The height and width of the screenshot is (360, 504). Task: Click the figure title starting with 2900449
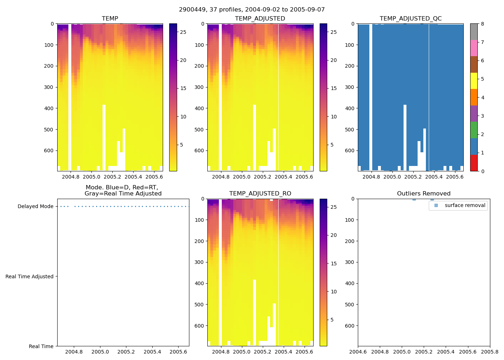252,9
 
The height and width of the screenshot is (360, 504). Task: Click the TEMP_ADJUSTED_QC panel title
410,18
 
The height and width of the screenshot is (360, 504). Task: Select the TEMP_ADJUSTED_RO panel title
260,193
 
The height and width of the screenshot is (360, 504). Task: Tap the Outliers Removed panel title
423,193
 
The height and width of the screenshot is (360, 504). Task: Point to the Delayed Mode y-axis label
35,206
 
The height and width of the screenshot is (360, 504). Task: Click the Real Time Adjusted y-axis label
29,276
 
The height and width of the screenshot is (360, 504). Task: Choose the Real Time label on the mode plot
41,346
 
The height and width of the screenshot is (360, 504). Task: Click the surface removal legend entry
465,205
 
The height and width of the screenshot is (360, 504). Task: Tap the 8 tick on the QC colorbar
482,24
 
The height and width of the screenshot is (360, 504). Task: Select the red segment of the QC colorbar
474,163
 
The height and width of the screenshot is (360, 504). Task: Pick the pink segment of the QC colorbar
474,48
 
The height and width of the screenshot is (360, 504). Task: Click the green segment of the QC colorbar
474,130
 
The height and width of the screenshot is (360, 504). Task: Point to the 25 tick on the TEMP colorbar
183,32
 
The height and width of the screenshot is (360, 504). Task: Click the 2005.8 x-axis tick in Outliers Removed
490,352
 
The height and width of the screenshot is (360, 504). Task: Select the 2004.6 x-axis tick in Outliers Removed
358,352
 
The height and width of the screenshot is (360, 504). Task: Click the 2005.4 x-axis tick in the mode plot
152,352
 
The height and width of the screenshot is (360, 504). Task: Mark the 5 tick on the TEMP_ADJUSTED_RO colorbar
332,320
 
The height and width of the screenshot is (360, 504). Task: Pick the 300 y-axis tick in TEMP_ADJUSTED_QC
350,87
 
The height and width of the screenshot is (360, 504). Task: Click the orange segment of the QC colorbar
474,97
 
